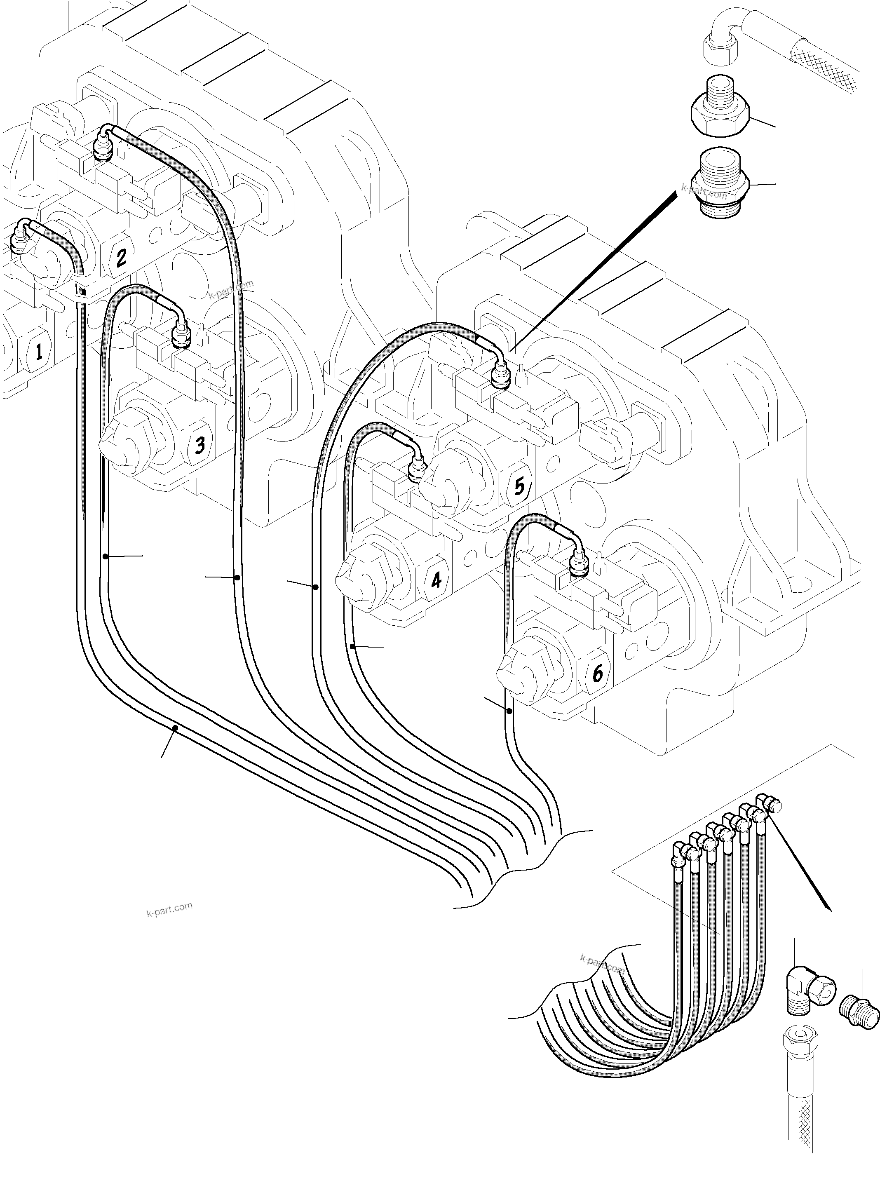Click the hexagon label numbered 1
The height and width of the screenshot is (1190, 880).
(x=38, y=352)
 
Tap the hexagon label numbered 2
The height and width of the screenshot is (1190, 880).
(x=121, y=257)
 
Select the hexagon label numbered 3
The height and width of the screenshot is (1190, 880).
(x=199, y=444)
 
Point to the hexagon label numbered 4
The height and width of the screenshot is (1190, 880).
(x=436, y=580)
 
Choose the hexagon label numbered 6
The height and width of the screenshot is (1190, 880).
(x=598, y=674)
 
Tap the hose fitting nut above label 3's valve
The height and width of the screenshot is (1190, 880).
(x=181, y=336)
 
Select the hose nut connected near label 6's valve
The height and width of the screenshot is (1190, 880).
(x=577, y=564)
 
